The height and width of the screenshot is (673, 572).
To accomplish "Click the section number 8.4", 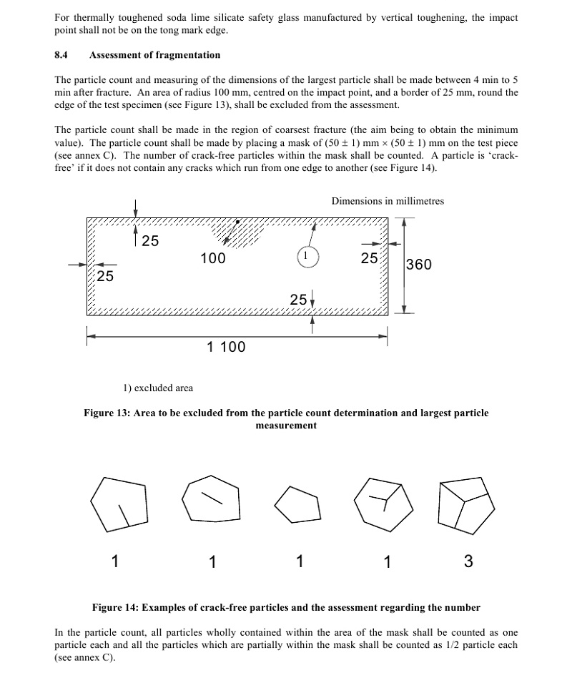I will (x=61, y=55).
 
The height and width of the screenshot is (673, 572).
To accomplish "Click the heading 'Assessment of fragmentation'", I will (x=154, y=55).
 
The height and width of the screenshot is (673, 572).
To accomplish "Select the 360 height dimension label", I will (x=418, y=265).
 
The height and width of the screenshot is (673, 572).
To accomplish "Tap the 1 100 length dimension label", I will (x=226, y=347).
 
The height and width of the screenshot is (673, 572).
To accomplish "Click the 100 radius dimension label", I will (x=212, y=258).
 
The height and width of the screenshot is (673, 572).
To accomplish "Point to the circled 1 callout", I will (x=306, y=256).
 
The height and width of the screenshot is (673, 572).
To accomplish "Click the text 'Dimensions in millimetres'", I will (x=388, y=201).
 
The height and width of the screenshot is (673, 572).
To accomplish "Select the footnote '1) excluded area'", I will (x=157, y=388).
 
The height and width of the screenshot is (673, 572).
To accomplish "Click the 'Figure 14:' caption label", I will (x=115, y=608).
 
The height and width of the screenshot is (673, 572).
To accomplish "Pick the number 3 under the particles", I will (x=468, y=561).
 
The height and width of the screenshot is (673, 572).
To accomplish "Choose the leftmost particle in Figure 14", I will (x=119, y=503).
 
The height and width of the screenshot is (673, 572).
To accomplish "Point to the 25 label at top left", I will (x=150, y=241).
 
